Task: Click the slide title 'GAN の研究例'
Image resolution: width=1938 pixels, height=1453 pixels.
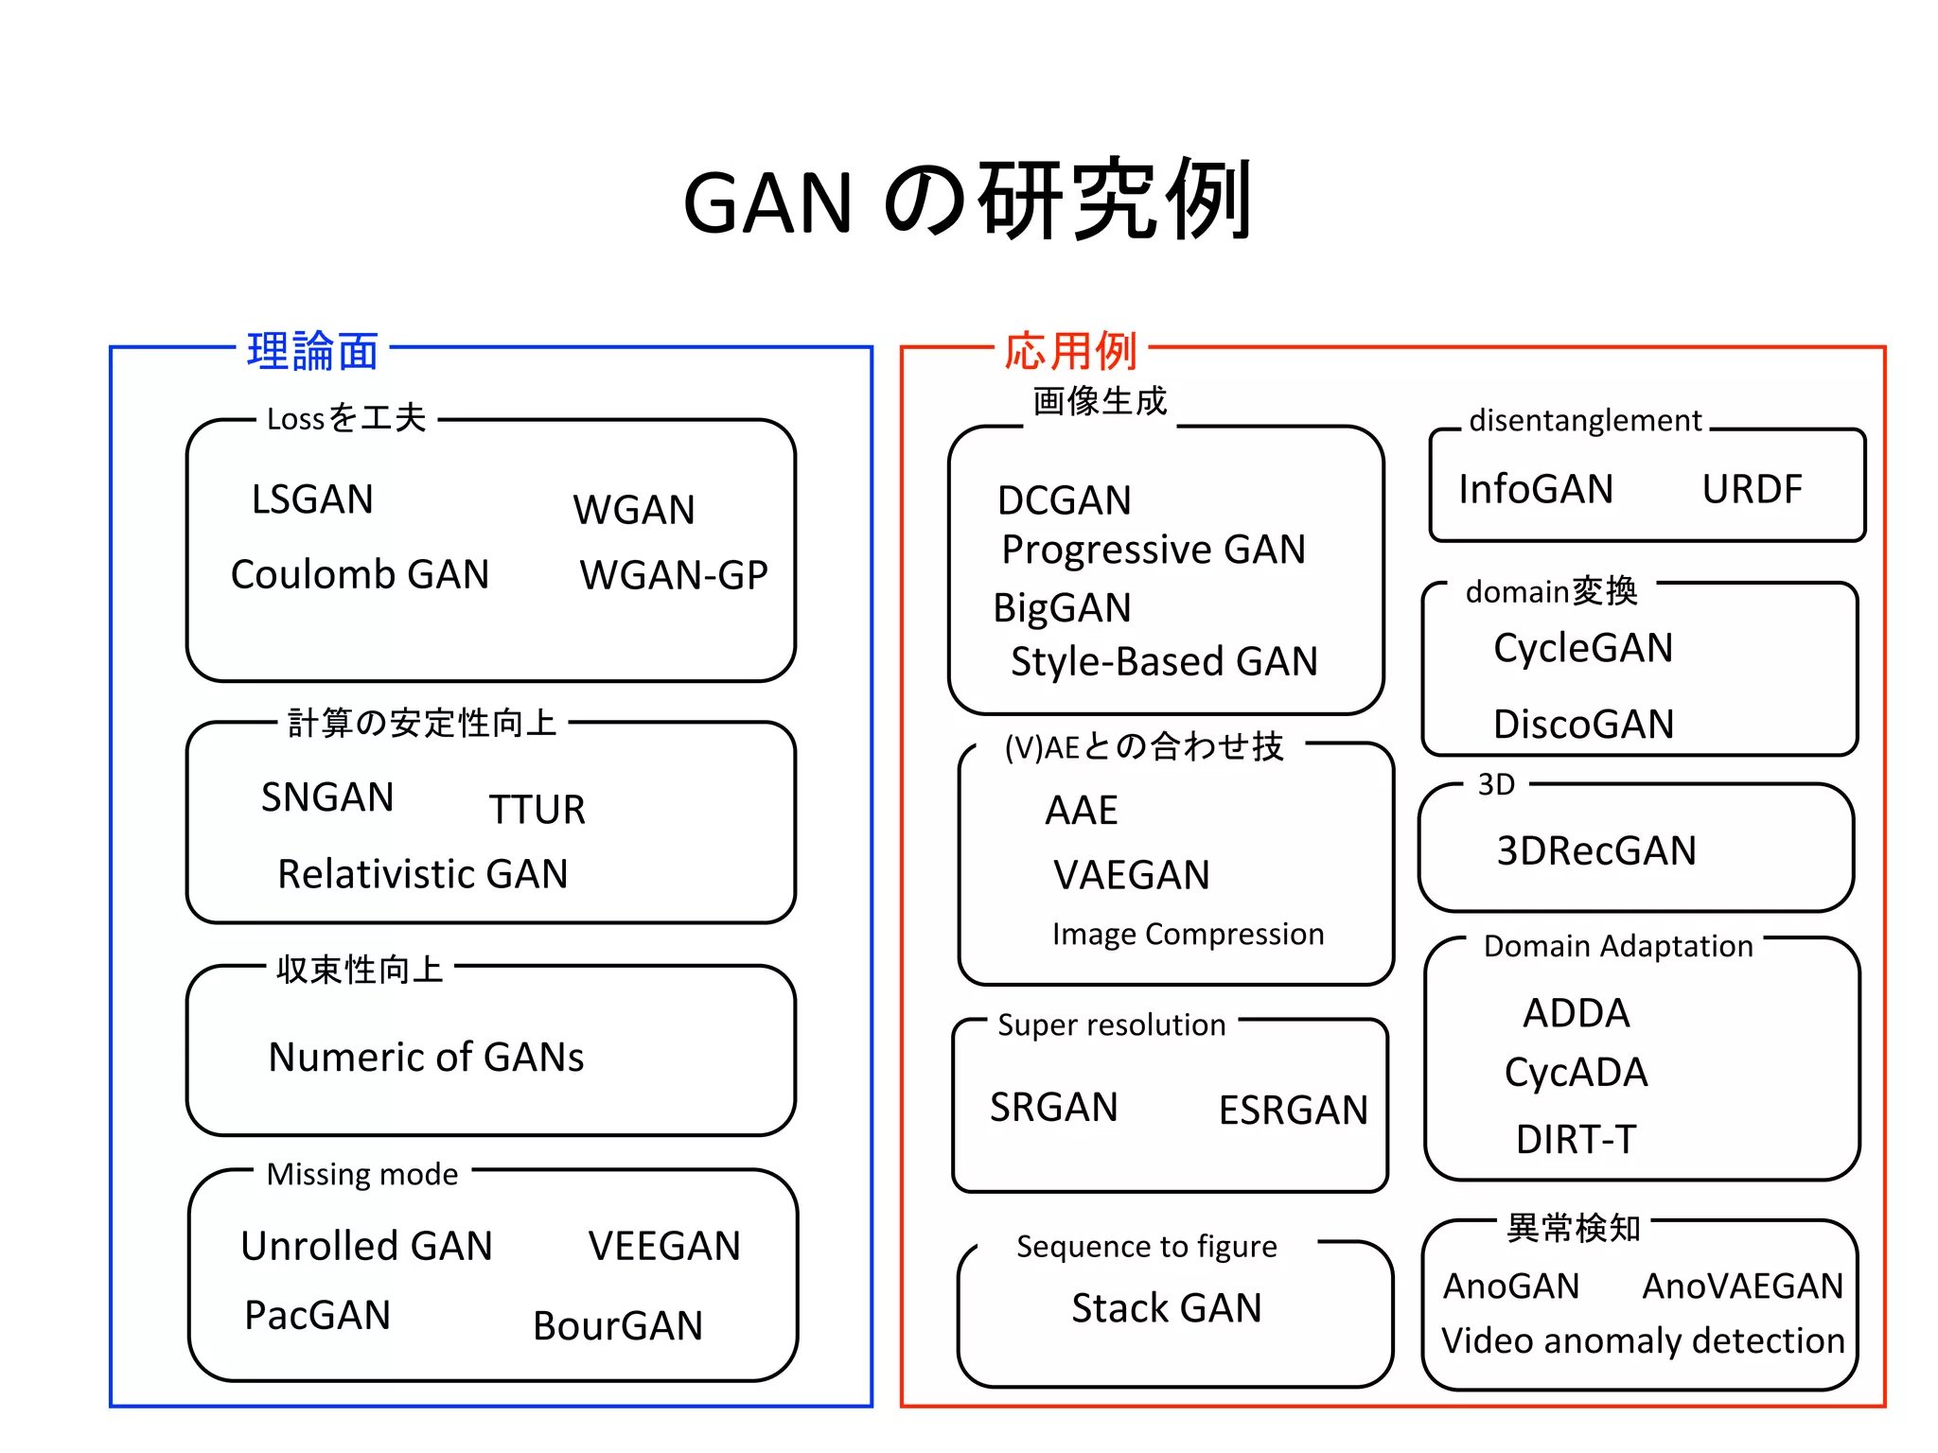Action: [x=967, y=201]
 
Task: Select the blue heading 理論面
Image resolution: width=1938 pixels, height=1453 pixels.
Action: [x=312, y=351]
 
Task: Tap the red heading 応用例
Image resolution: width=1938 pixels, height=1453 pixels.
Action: [x=1070, y=351]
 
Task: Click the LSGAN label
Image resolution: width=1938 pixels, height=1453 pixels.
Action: [x=312, y=499]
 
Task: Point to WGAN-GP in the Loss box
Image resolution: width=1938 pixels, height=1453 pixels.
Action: [x=674, y=575]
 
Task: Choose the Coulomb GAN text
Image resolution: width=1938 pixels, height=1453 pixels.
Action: [x=360, y=574]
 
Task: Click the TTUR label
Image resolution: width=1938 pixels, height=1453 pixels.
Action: [x=537, y=810]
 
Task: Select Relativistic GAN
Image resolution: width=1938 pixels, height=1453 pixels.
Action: [x=422, y=873]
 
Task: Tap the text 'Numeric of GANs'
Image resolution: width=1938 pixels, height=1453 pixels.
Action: [x=426, y=1057]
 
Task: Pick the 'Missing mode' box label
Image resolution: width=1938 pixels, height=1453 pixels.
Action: [x=362, y=1174]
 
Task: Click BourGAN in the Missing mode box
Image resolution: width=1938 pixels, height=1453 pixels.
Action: [x=618, y=1325]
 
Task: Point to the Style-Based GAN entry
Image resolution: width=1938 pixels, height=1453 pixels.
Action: [x=1164, y=661]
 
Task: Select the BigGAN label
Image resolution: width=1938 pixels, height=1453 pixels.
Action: [x=1062, y=607]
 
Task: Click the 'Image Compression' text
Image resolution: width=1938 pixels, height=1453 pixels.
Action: [x=1188, y=934]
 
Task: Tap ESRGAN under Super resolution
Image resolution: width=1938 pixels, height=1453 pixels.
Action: [x=1293, y=1110]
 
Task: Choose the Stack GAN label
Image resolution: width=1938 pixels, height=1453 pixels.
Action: [x=1166, y=1308]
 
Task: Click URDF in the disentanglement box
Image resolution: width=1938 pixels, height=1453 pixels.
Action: [x=1752, y=489]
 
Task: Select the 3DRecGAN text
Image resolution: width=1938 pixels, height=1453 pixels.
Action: [x=1596, y=850]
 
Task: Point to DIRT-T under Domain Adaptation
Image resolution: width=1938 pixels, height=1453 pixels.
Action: [x=1576, y=1139]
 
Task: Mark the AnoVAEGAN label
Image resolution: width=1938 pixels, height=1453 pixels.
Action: [x=1742, y=1286]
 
